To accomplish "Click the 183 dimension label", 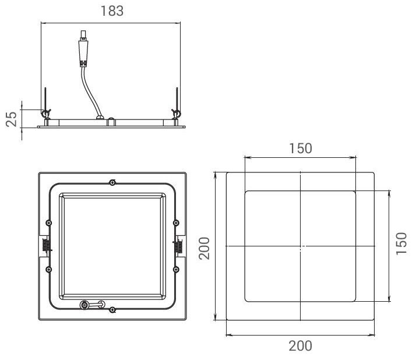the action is pyautogui.click(x=112, y=11).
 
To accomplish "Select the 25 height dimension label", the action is pyautogui.click(x=12, y=119).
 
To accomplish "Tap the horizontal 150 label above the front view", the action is pyautogui.click(x=300, y=149).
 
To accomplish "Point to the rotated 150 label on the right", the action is pyautogui.click(x=401, y=244).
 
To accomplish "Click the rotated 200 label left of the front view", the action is pyautogui.click(x=205, y=248).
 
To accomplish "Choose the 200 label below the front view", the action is pyautogui.click(x=300, y=346).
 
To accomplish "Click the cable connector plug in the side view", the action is pyautogui.click(x=83, y=49).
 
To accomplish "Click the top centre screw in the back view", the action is pyautogui.click(x=112, y=182).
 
